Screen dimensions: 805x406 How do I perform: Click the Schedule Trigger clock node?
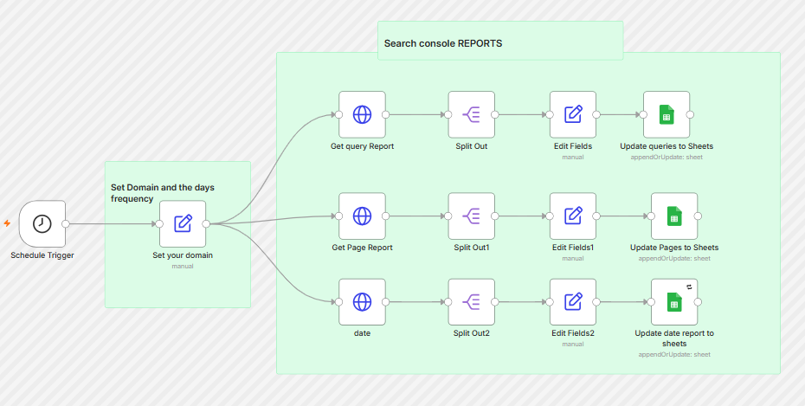point(42,224)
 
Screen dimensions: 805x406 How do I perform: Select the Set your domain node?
point(183,224)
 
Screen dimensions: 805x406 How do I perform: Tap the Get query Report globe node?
point(362,114)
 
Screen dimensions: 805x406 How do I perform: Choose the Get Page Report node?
point(362,216)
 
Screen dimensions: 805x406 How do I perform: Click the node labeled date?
point(362,302)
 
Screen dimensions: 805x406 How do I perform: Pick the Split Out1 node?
point(471,216)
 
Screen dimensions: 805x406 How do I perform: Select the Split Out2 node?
point(471,302)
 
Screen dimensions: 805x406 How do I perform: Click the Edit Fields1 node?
point(573,216)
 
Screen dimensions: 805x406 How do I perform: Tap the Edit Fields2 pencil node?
point(573,302)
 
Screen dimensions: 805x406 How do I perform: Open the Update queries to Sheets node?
point(667,114)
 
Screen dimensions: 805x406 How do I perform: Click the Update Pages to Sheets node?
point(674,216)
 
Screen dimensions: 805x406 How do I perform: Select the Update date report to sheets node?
point(674,302)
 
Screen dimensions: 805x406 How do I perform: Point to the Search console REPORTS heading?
point(443,43)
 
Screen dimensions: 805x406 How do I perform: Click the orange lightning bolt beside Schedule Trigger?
point(7,223)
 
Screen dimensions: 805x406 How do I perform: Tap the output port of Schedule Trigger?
point(66,224)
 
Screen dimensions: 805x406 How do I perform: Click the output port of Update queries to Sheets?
point(690,114)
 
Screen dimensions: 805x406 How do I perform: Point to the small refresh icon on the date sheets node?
point(690,287)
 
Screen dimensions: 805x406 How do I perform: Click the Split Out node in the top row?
point(471,114)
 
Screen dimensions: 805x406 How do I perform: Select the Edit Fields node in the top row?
point(573,114)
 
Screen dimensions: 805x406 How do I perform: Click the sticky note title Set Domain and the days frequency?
point(162,193)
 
